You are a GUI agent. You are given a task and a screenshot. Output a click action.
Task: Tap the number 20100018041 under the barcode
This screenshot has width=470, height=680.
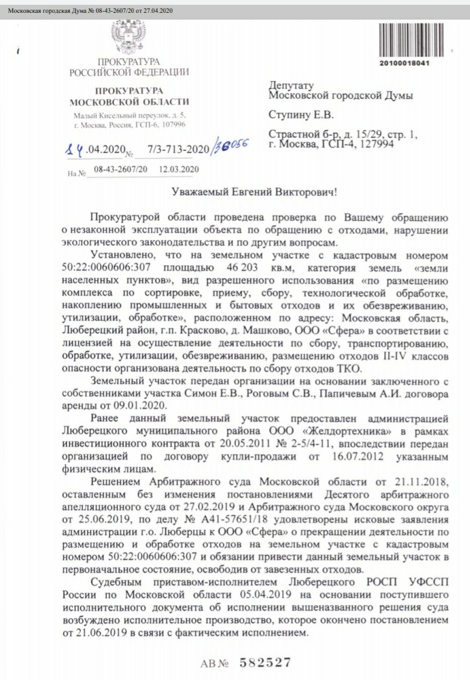pos(404,63)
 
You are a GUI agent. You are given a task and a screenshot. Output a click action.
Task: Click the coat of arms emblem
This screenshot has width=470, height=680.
pos(128,36)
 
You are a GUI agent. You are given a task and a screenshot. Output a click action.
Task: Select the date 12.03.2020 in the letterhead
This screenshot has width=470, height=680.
pos(179,169)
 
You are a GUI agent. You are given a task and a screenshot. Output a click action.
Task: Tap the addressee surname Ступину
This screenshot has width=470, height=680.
pos(289,114)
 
